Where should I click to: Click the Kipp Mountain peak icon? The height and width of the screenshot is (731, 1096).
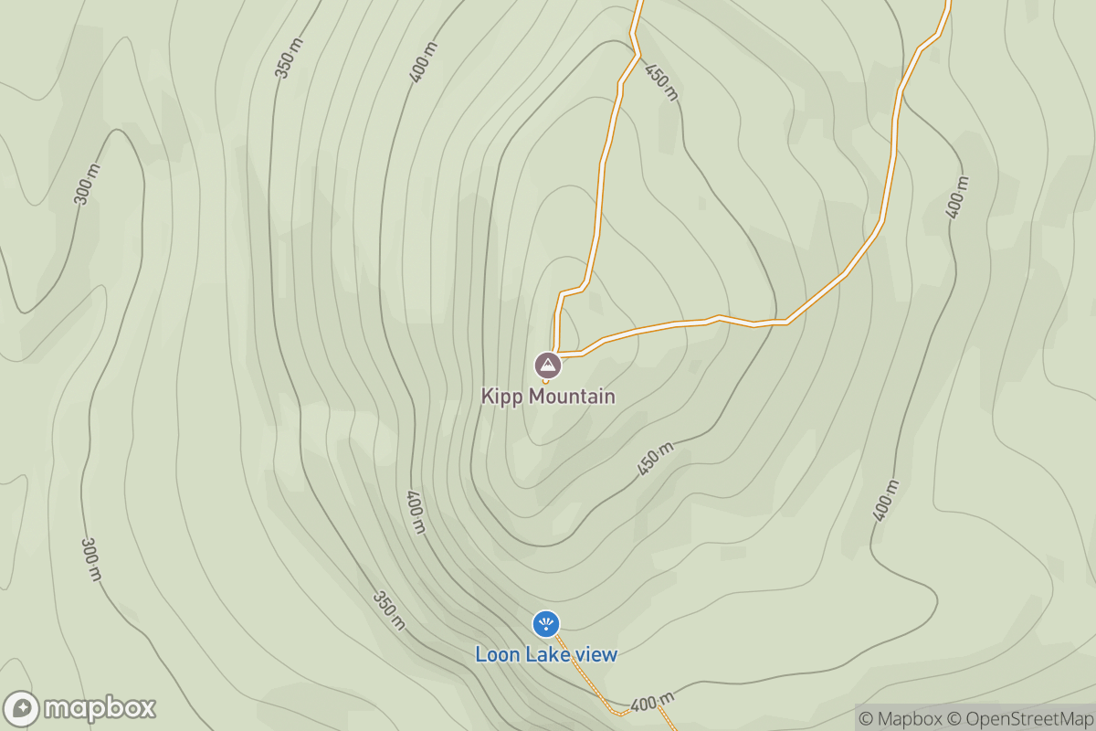point(547,365)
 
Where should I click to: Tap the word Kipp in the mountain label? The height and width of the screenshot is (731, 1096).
point(500,397)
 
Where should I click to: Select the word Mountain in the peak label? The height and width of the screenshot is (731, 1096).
point(567,397)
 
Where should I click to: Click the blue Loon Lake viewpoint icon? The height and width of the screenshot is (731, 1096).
point(546,624)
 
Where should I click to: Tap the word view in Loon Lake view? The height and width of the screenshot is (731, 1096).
point(595,654)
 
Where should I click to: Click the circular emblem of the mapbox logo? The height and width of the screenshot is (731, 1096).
point(21,709)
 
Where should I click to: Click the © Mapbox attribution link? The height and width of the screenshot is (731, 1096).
point(901,718)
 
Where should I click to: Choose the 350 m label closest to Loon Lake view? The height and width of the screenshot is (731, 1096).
point(388,610)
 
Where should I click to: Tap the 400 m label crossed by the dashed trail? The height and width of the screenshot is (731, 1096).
point(651,702)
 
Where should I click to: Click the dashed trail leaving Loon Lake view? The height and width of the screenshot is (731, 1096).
point(594,685)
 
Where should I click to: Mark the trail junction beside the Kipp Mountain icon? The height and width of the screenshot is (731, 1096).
point(555,353)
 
